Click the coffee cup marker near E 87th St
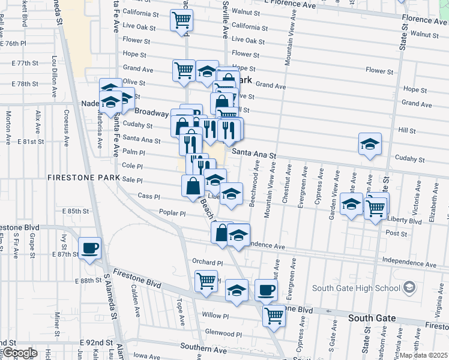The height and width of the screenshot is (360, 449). coord(89,248)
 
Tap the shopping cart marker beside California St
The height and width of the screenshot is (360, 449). coord(181,21)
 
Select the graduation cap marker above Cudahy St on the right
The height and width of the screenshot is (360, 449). coord(370,144)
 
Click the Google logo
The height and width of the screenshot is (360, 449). coord(19,353)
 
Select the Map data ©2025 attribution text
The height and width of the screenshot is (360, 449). coord(424,355)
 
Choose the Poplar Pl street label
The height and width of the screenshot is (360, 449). coord(173,213)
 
